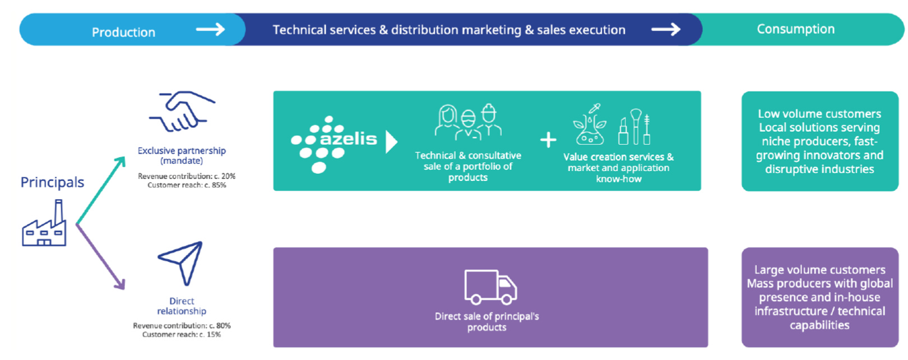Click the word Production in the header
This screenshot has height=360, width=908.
point(123,33)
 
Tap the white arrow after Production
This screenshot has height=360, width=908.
point(210,29)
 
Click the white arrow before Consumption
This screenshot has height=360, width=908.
point(665,29)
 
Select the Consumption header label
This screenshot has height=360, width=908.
point(795,29)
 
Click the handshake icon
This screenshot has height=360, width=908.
point(181,112)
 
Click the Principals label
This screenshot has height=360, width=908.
point(52,182)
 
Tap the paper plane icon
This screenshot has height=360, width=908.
point(181,262)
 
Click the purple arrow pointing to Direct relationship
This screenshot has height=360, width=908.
point(101,257)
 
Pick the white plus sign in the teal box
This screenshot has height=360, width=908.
point(548,140)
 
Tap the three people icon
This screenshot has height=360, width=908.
point(468,121)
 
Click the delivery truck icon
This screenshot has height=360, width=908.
point(490,287)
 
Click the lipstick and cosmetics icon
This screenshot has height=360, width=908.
point(634,127)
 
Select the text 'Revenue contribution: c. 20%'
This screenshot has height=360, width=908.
point(187,176)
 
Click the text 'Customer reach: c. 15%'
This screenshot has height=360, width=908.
point(182,335)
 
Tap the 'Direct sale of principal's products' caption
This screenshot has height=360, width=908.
point(487,322)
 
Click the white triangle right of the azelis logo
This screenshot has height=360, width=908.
point(391,142)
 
